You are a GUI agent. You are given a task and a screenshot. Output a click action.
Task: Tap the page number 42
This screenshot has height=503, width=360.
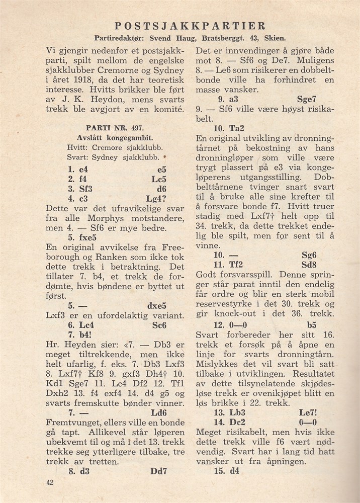click(x=49, y=482)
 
